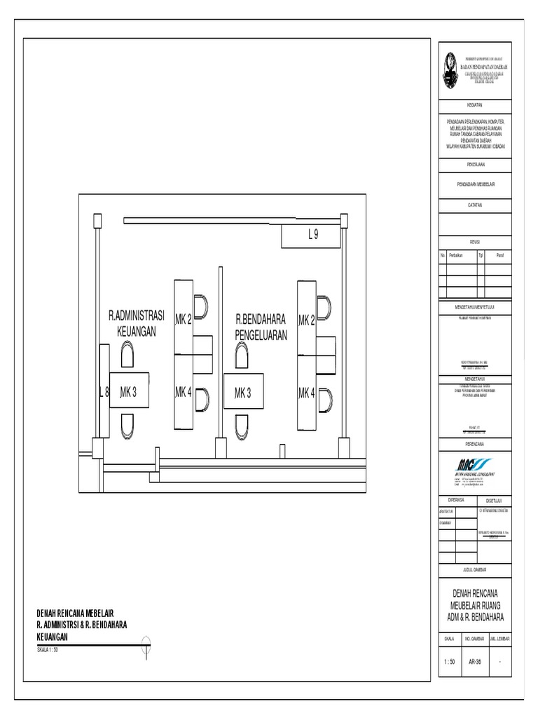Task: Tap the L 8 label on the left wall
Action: coord(104,392)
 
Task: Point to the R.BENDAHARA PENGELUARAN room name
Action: coord(261,327)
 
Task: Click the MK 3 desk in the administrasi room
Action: coord(133,392)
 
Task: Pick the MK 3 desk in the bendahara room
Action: coord(243,393)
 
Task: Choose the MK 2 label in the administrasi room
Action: coord(184,320)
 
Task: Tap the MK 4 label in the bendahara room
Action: coord(307,393)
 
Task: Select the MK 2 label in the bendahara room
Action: coord(307,320)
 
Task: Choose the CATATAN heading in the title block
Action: coord(475,205)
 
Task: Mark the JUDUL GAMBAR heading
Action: coord(475,569)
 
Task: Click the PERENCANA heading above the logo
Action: coord(475,444)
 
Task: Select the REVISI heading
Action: coord(475,241)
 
